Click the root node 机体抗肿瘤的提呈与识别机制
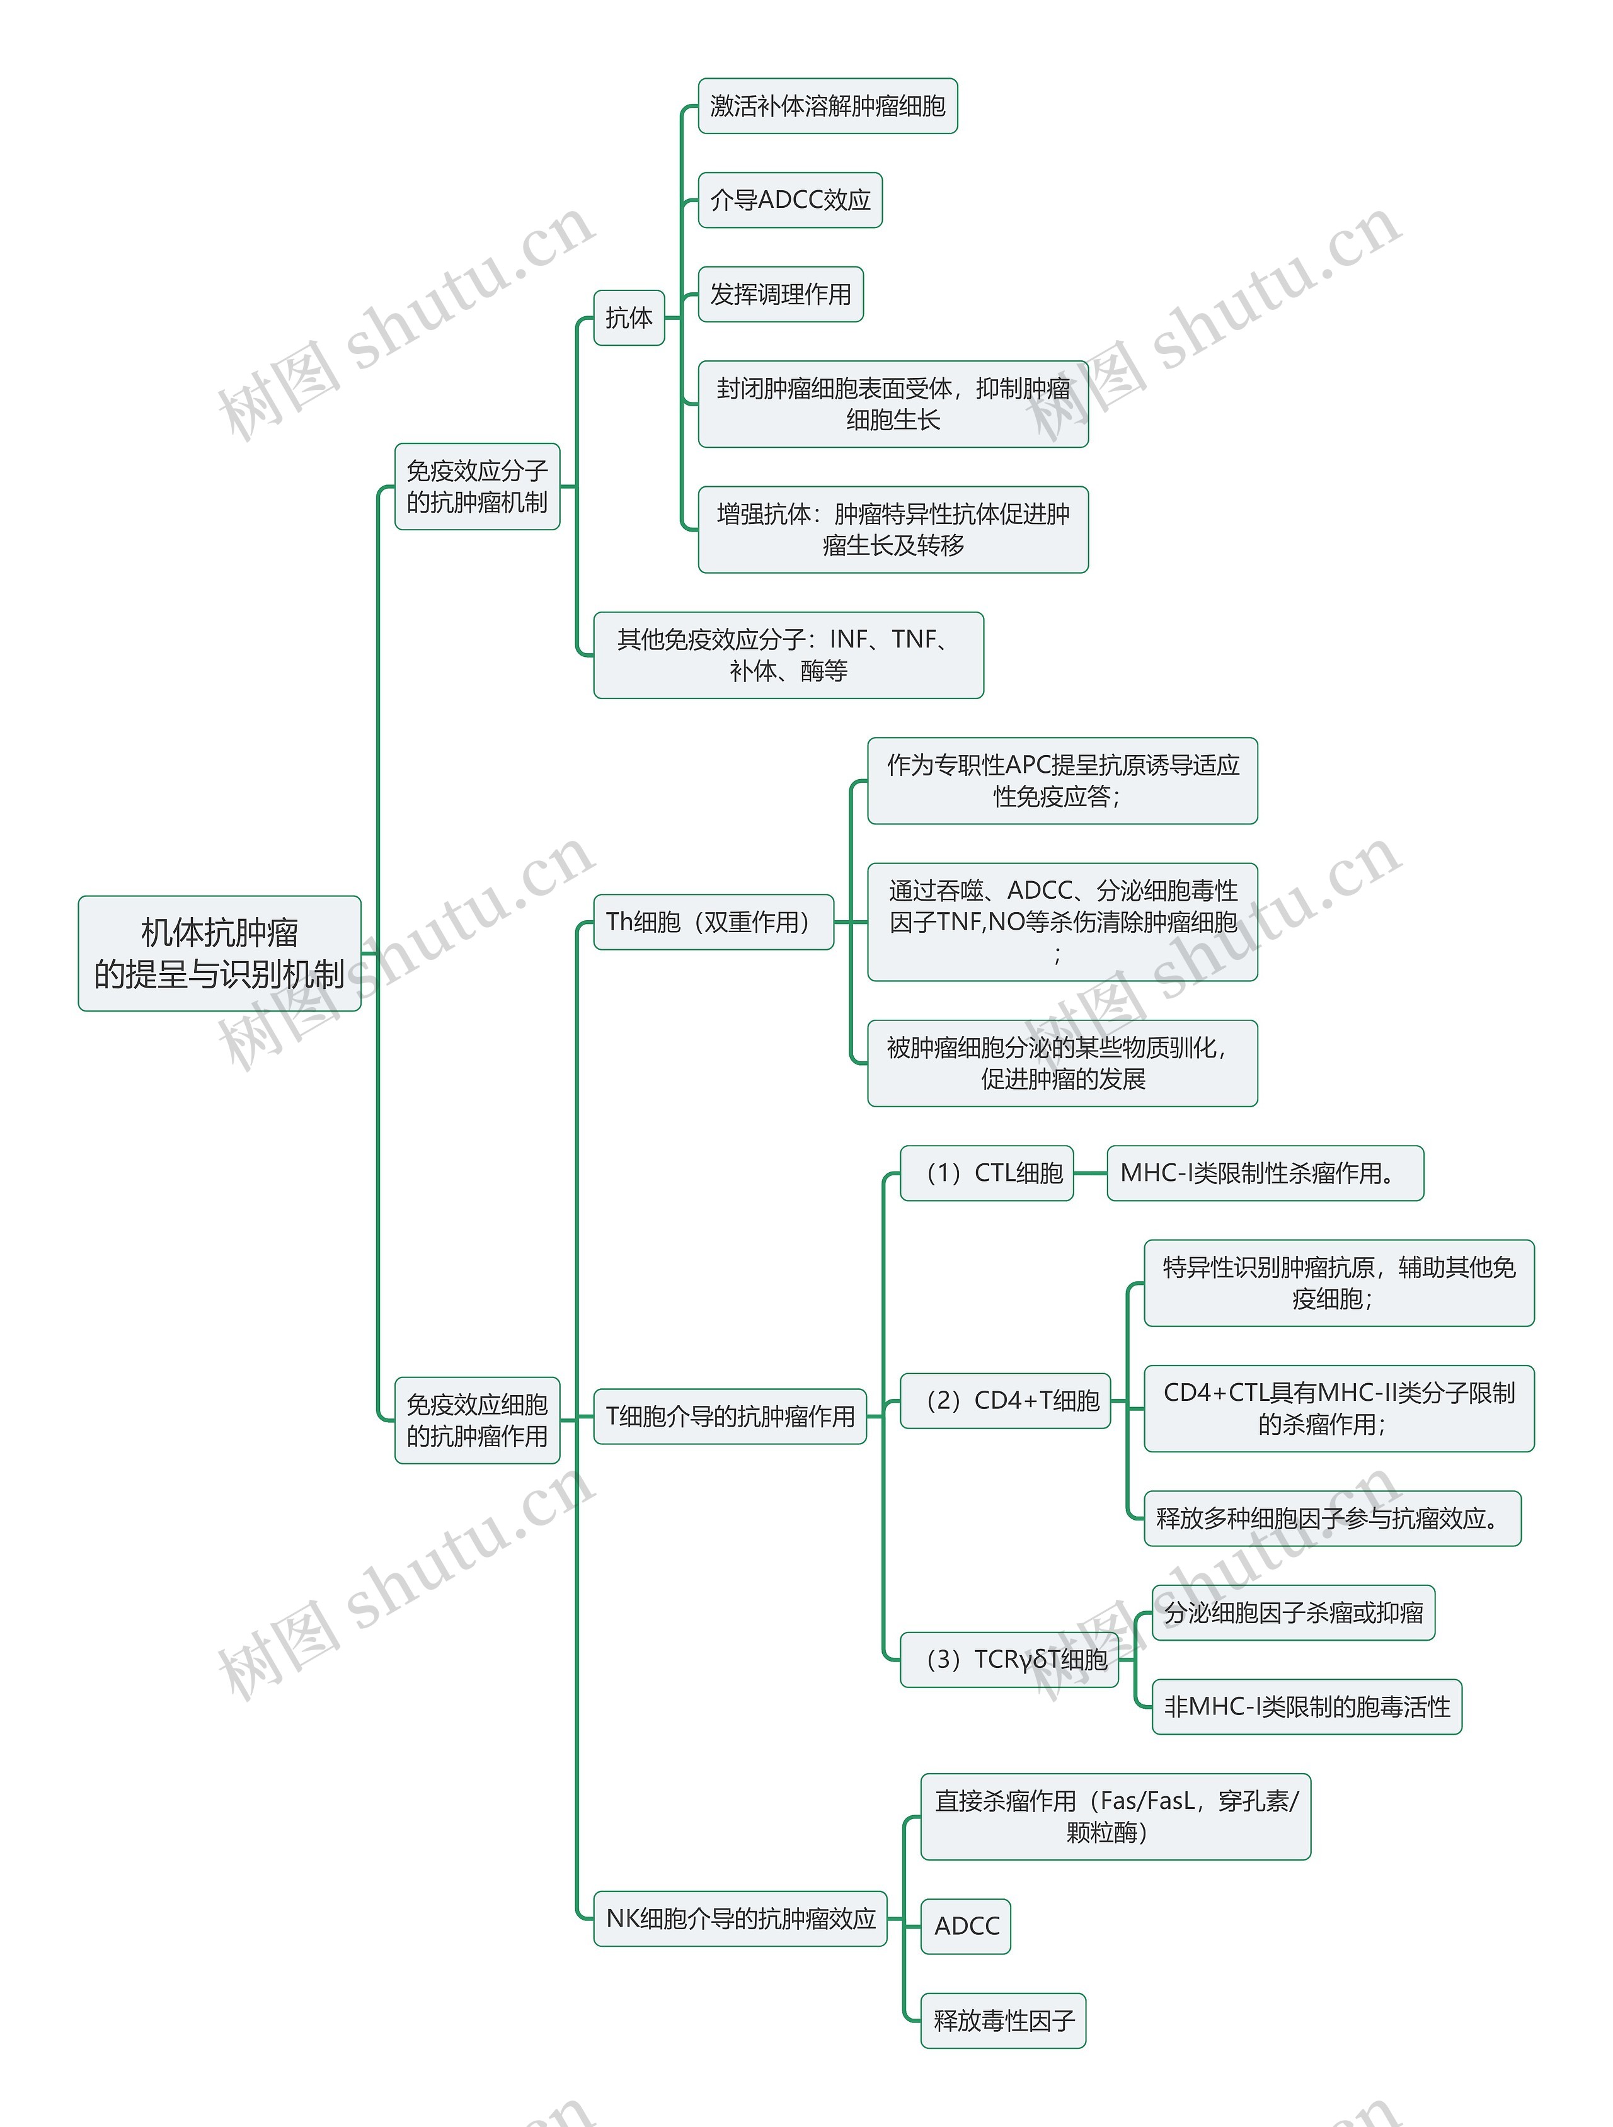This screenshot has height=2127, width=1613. [219, 953]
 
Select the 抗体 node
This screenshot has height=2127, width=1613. [629, 317]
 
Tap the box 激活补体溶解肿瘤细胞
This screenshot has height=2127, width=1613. [827, 106]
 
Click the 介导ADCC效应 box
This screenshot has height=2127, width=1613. [789, 200]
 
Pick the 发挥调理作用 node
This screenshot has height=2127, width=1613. [780, 294]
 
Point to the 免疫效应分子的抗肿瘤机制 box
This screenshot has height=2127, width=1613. [477, 486]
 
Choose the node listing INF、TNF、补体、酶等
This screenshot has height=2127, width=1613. [788, 655]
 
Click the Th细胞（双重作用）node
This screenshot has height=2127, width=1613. [713, 922]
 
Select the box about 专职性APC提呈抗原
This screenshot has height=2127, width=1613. [1062, 781]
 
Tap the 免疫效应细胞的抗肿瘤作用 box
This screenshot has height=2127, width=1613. [477, 1420]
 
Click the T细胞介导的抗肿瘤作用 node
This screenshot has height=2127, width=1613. [730, 1417]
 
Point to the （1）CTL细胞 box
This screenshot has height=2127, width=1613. [986, 1173]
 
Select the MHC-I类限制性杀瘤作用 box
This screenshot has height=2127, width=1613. [1265, 1173]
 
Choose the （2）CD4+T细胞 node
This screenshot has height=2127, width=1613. [1005, 1401]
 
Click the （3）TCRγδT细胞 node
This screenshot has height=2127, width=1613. [1009, 1660]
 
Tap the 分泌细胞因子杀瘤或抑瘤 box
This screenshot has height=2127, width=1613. [1293, 1612]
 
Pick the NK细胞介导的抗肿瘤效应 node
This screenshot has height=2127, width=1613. [740, 1919]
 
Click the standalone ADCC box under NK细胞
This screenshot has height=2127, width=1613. [966, 1926]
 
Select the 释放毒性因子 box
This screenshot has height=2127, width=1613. [1003, 2021]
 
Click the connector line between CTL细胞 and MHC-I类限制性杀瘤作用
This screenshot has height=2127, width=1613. [1090, 1173]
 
